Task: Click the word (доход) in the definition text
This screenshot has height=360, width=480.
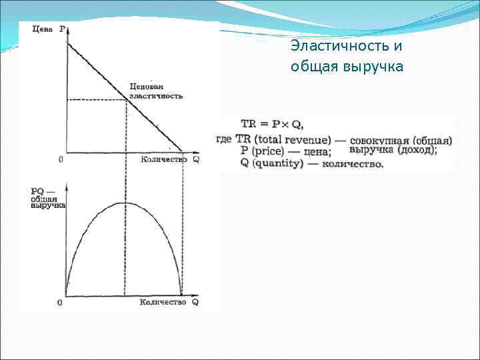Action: (413, 151)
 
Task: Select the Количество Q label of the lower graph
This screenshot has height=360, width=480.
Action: (169, 302)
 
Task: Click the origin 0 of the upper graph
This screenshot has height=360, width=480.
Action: (61, 159)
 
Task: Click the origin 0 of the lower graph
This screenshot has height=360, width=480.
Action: (61, 303)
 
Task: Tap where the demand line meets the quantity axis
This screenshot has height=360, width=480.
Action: (182, 151)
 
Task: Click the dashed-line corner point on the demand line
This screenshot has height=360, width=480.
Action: (127, 100)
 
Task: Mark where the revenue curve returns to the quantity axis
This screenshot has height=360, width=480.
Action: (181, 294)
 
